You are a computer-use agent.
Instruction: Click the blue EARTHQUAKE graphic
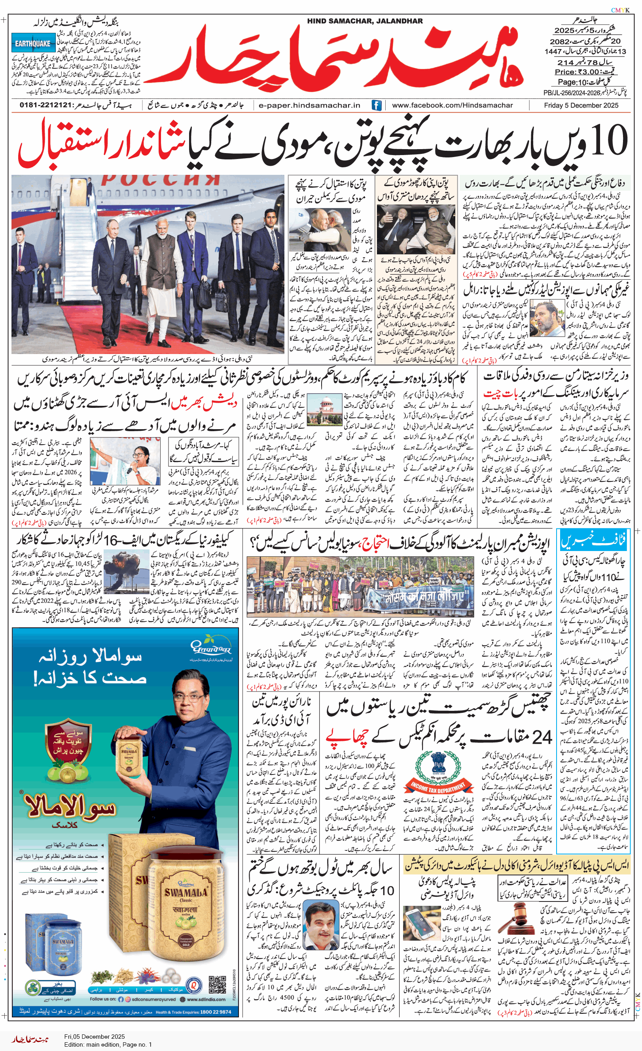pyautogui.click(x=33, y=43)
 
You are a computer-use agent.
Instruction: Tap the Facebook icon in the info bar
pyautogui.click(x=376, y=105)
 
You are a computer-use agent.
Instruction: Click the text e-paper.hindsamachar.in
pyautogui.click(x=309, y=105)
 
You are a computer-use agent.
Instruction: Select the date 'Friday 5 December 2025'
pyautogui.click(x=581, y=105)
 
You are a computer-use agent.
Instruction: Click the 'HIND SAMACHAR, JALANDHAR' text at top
pyautogui.click(x=365, y=21)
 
